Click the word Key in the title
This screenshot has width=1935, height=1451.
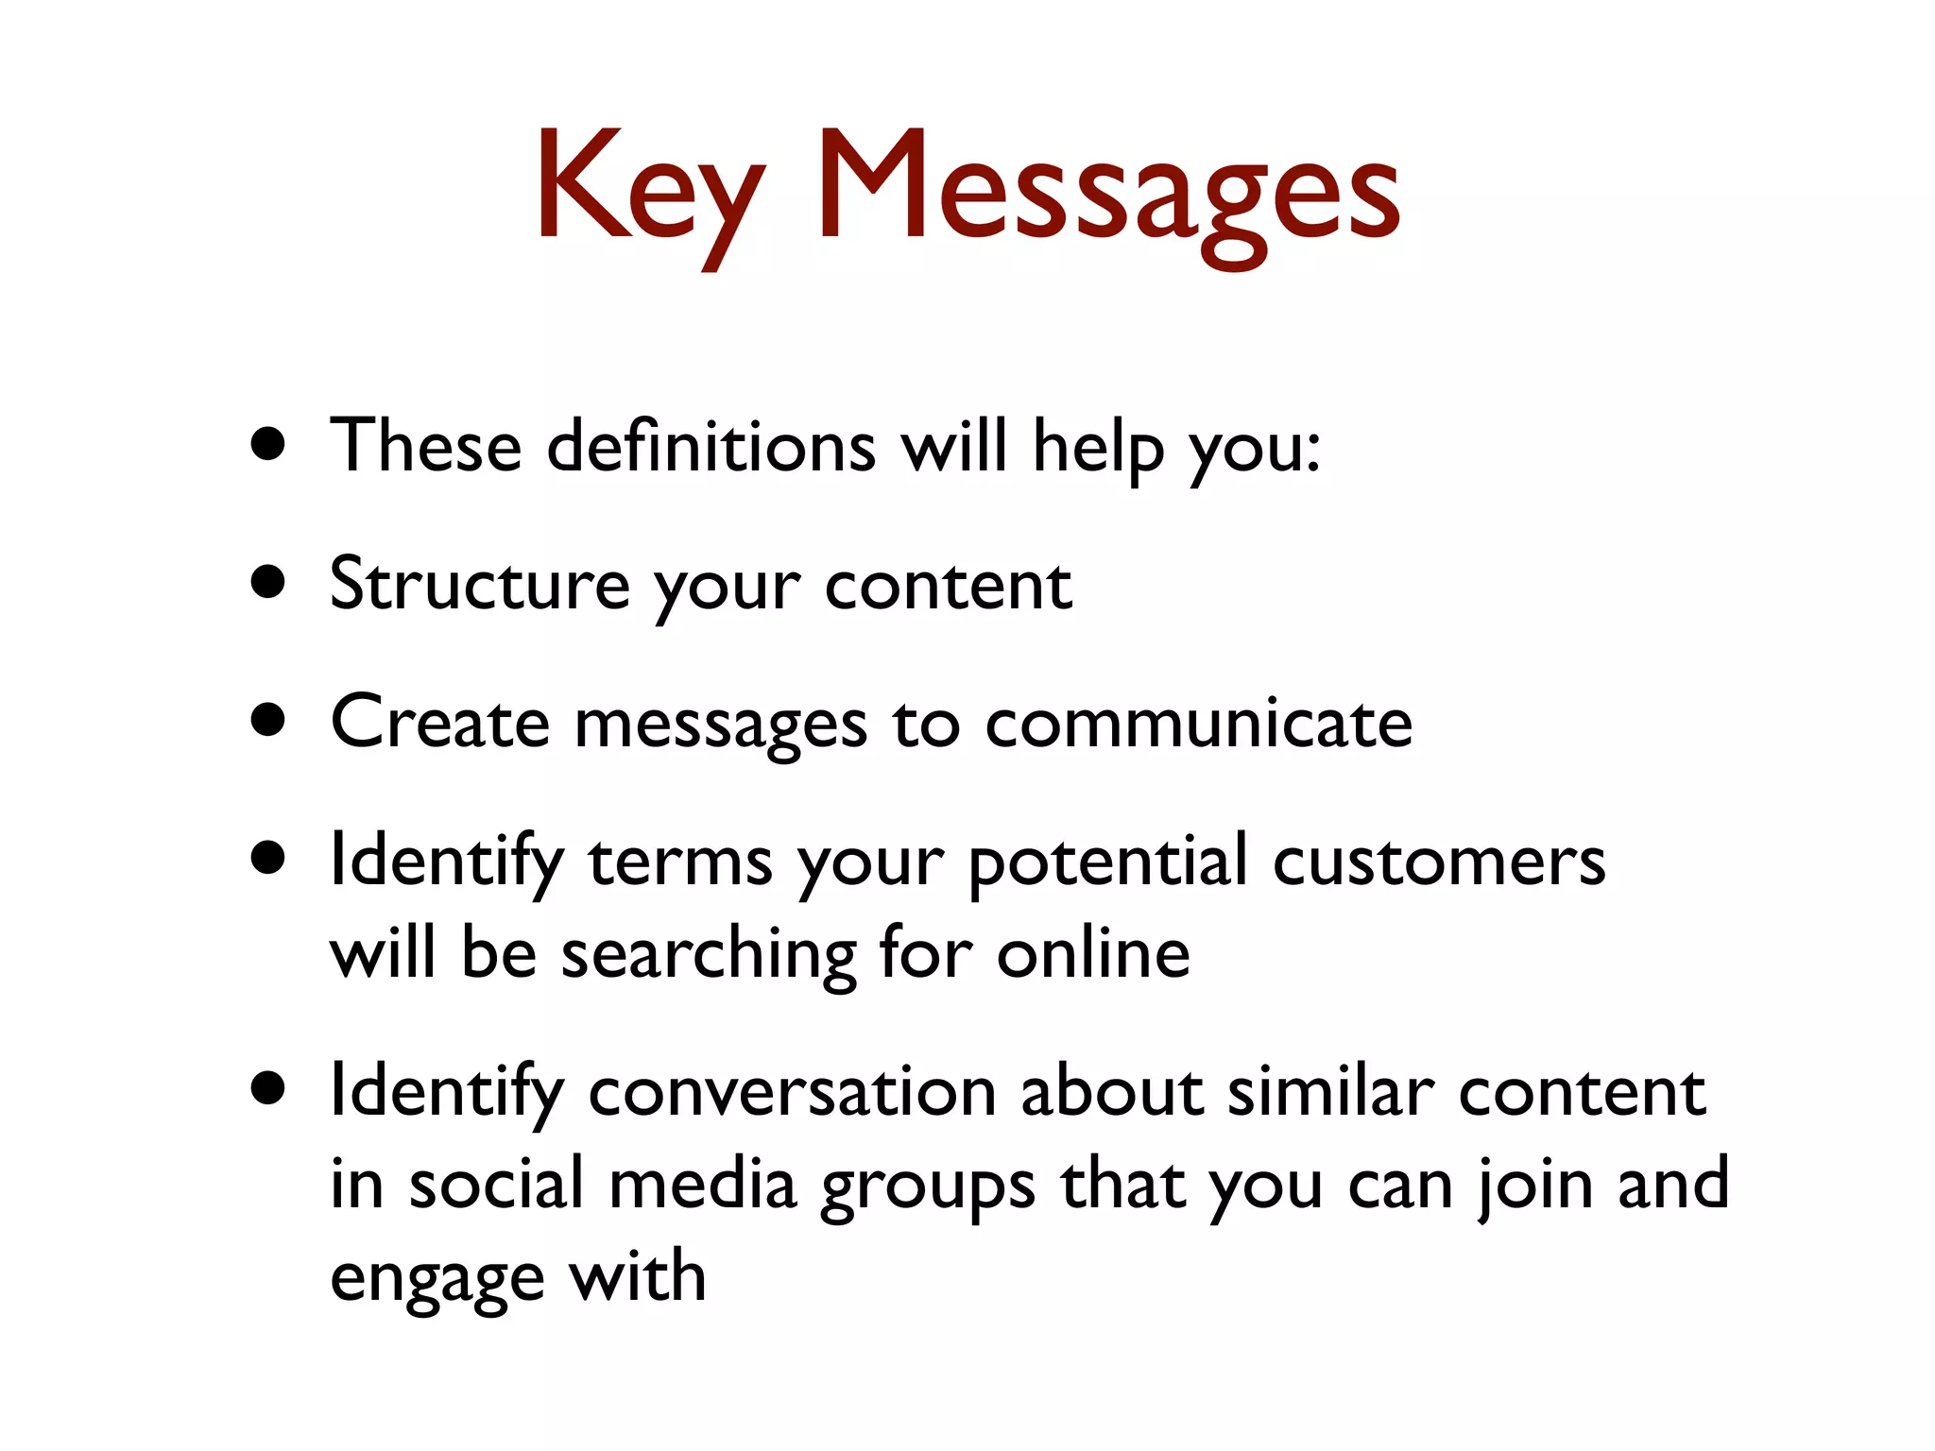650,189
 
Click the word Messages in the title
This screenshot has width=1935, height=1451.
1107,189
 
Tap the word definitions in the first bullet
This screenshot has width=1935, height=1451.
711,446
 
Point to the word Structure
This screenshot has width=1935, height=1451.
479,584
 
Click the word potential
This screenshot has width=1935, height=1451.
1108,862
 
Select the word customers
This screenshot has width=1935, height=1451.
1438,862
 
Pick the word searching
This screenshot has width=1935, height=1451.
709,954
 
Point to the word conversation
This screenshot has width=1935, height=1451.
792,1092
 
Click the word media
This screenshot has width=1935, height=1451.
703,1185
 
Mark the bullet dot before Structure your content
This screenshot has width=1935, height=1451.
269,583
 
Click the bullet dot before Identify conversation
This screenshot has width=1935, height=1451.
269,1089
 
